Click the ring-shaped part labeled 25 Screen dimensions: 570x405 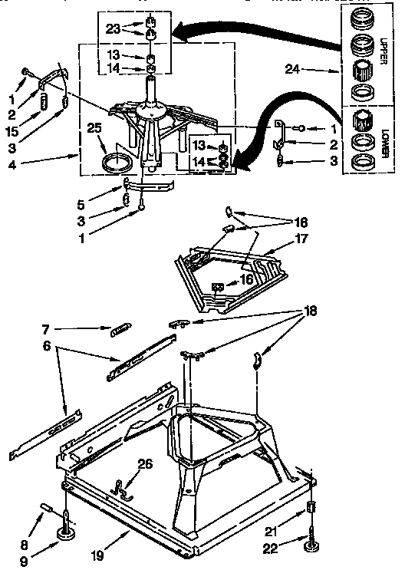(115, 162)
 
